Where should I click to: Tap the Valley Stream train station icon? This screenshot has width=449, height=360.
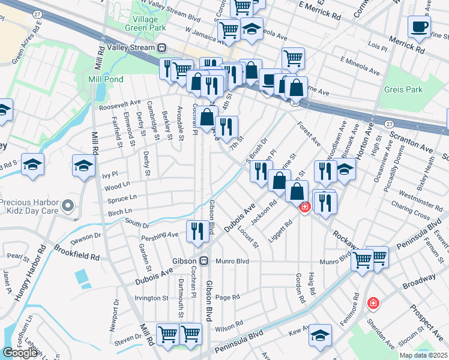coord(161,47)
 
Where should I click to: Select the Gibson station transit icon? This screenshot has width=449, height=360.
coord(204,261)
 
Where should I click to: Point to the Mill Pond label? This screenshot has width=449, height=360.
coord(106,79)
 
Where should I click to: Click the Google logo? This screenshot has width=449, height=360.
coord(20,353)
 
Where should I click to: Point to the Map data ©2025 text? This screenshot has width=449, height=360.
coord(424,355)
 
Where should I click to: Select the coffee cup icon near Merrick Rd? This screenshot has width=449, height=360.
coord(419,26)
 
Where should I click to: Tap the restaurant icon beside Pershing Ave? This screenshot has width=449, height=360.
coord(197,231)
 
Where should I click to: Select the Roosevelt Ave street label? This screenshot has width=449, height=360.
coord(119,103)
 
